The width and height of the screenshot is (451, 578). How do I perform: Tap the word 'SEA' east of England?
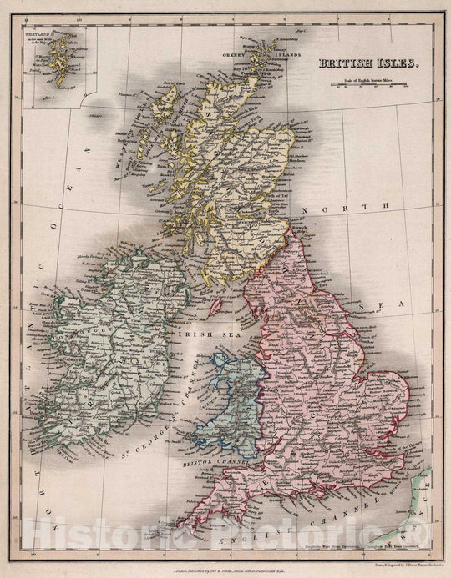click(392, 304)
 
